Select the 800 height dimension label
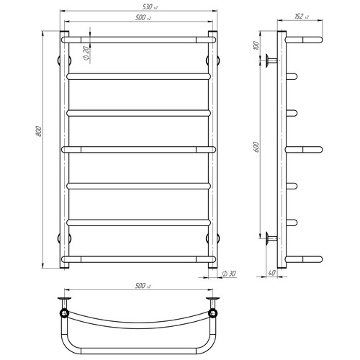click(x=39, y=131)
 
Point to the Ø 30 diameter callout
click(x=229, y=274)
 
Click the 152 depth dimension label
click(x=302, y=17)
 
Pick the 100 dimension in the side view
click(x=256, y=45)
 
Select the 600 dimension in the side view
click(x=256, y=147)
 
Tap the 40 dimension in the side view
click(x=271, y=273)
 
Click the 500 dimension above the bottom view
click(x=143, y=286)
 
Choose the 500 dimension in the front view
click(x=143, y=17)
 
